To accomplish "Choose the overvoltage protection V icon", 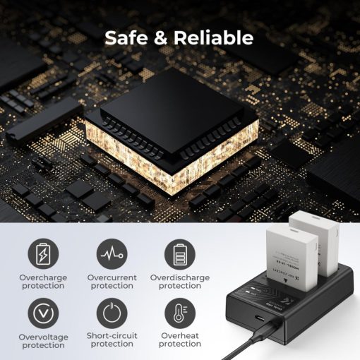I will click(44, 312).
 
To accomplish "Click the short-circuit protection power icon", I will click(112, 312).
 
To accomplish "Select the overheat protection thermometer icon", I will click(179, 312).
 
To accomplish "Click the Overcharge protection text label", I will click(44, 282).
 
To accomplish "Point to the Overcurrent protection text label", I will click(112, 282).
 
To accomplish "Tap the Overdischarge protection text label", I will click(179, 282).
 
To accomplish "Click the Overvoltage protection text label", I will click(44, 341).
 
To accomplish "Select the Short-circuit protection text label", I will click(112, 340).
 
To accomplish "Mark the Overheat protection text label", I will click(179, 340).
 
